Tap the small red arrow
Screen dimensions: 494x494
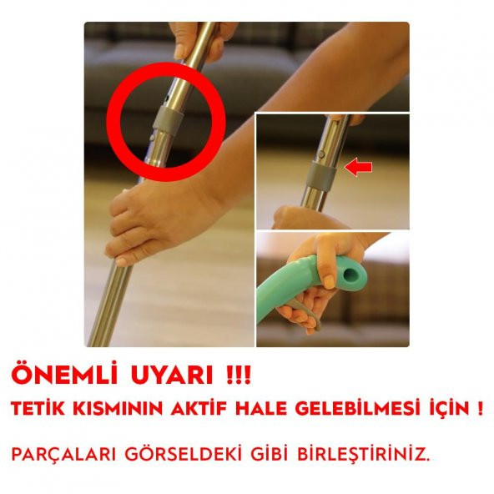[358, 169]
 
